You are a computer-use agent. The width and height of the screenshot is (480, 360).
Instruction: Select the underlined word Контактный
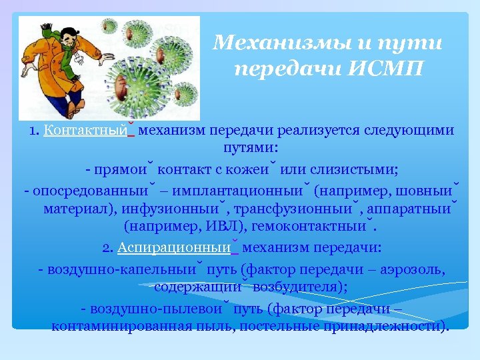(85, 131)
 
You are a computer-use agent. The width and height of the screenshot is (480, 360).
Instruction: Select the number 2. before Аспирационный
(108, 248)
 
